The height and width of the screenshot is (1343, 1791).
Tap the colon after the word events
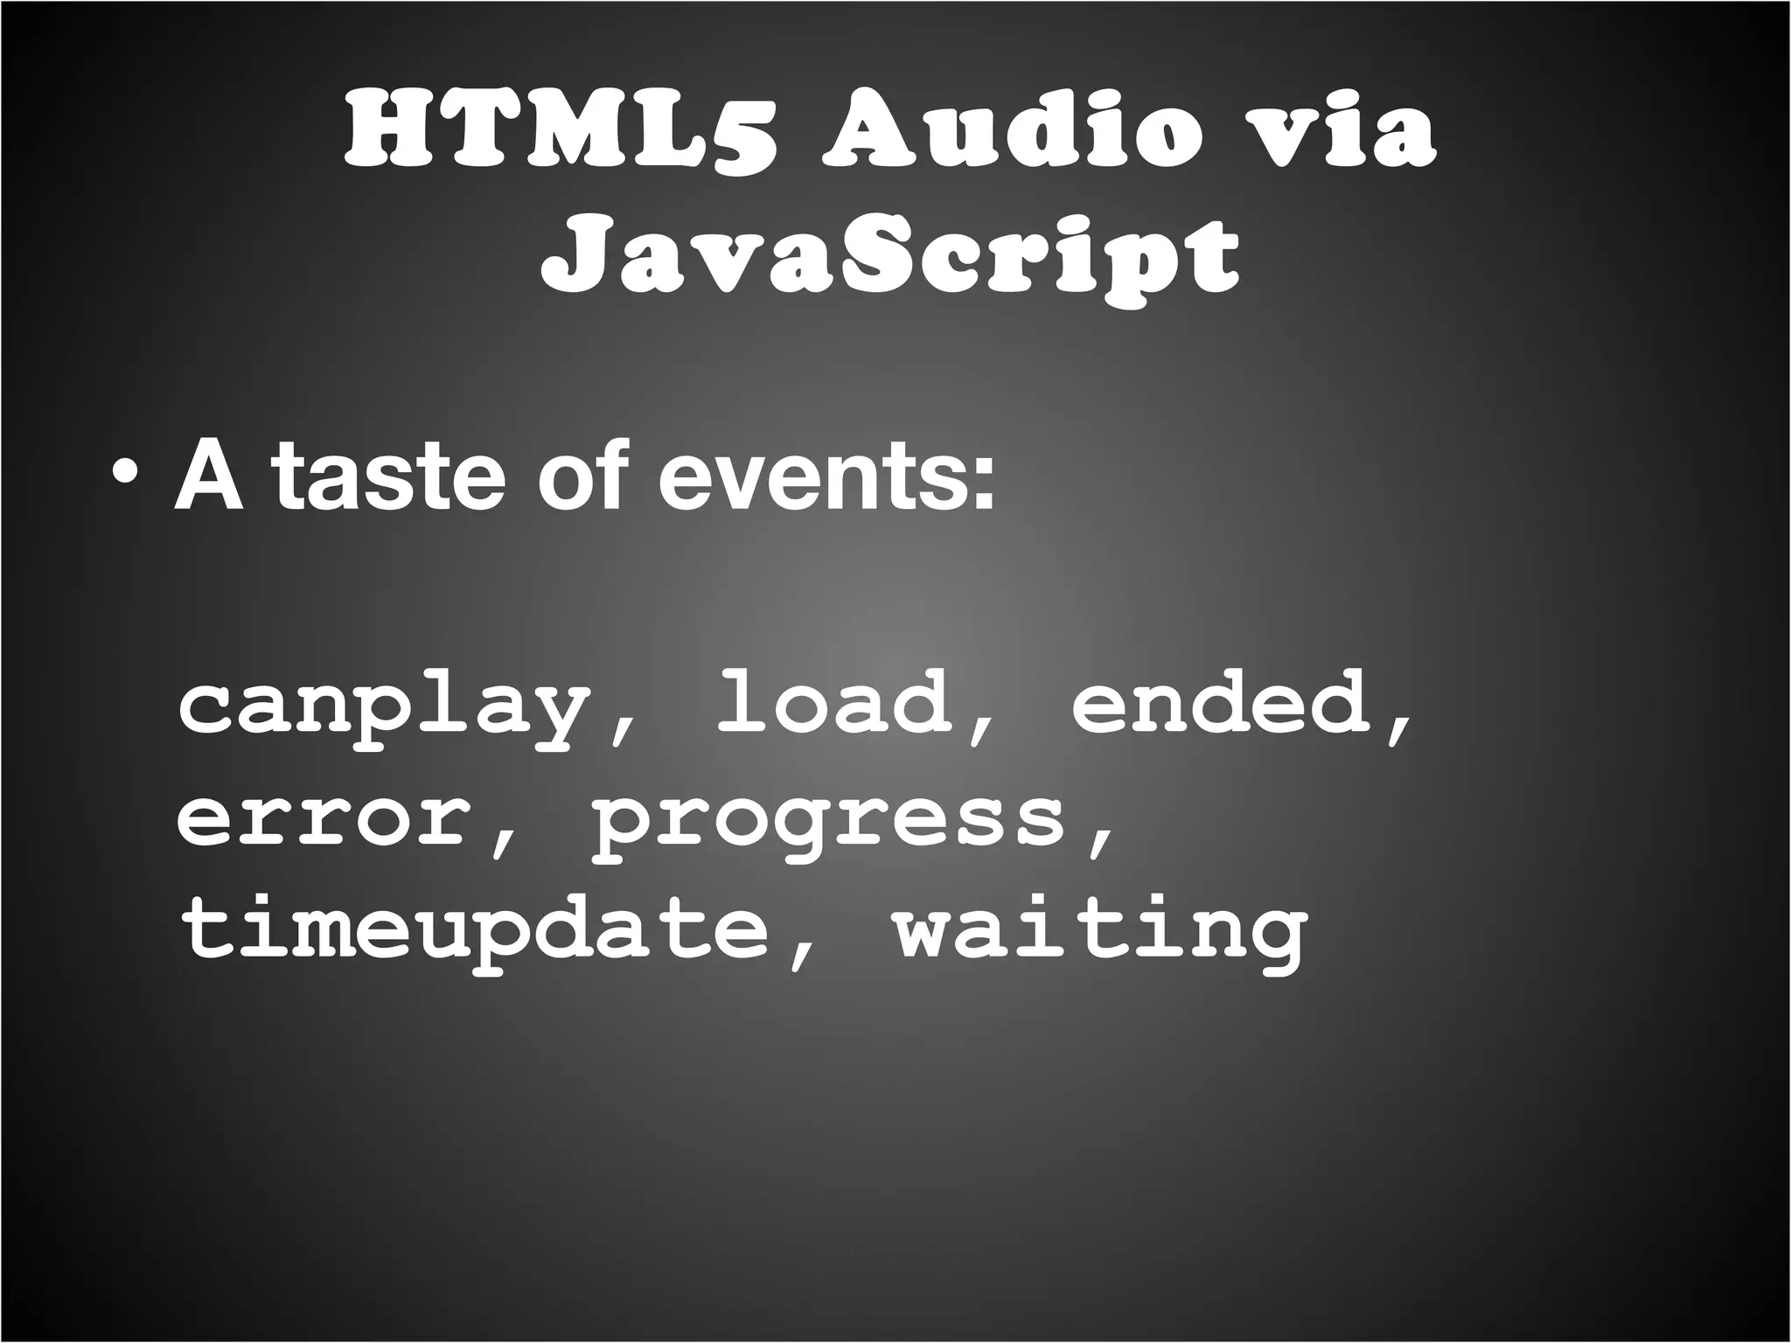pos(985,486)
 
